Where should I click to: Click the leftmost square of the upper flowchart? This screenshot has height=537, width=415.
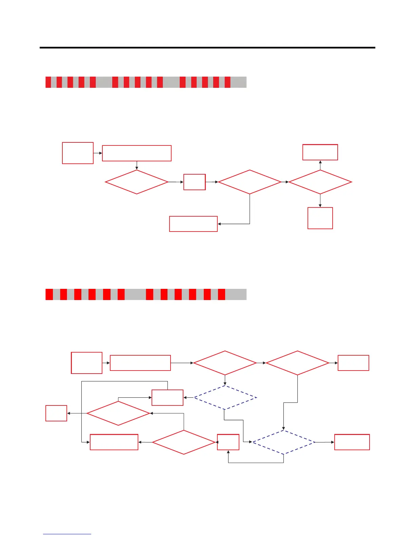point(78,153)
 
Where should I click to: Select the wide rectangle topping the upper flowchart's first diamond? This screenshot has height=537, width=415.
point(137,153)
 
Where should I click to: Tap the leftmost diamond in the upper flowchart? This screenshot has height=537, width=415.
point(137,182)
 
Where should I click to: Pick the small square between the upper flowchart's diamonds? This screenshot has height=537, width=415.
point(195,182)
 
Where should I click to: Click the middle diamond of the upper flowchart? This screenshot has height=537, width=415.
point(250,182)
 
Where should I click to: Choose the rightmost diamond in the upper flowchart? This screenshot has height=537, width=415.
point(320,182)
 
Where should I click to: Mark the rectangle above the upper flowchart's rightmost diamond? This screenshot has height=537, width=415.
point(320,152)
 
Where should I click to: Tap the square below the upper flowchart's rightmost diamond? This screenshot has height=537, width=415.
point(320,218)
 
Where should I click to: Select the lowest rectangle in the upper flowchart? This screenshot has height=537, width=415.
point(193,224)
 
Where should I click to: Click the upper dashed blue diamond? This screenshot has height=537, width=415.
point(225,397)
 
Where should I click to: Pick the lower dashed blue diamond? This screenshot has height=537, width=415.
point(283,442)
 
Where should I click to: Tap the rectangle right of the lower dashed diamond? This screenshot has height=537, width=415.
point(352,442)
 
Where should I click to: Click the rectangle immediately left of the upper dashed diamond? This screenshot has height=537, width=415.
point(167,398)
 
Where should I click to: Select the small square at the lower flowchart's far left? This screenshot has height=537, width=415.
point(56,413)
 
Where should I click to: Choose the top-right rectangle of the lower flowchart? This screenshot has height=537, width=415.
point(353,363)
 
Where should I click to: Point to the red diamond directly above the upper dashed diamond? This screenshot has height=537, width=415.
point(225,363)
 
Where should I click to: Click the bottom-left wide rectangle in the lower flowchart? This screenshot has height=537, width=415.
point(114,442)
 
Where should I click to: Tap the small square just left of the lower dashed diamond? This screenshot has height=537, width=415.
point(228,442)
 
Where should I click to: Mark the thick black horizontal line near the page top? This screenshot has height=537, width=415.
point(207,48)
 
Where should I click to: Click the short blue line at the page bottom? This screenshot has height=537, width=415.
point(67,534)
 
